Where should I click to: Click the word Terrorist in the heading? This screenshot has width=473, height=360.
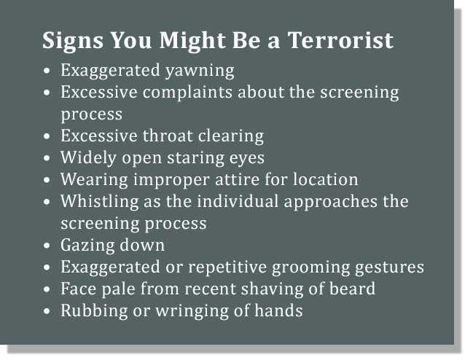click(340, 40)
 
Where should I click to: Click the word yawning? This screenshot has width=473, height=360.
click(200, 71)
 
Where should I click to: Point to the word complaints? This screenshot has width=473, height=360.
click(187, 93)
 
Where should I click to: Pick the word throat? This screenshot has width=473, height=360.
click(168, 136)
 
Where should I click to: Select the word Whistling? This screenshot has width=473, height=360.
click(100, 201)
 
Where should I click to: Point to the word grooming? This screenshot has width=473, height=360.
click(310, 267)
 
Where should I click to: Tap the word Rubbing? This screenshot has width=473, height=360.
click(94, 311)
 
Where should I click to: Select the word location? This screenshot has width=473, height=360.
click(326, 179)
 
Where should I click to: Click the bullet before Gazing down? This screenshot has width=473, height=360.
click(47, 246)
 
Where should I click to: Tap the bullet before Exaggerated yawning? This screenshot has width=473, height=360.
click(47, 71)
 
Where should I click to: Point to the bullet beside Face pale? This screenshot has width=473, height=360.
click(47, 289)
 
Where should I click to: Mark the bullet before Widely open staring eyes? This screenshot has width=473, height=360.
click(47, 158)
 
